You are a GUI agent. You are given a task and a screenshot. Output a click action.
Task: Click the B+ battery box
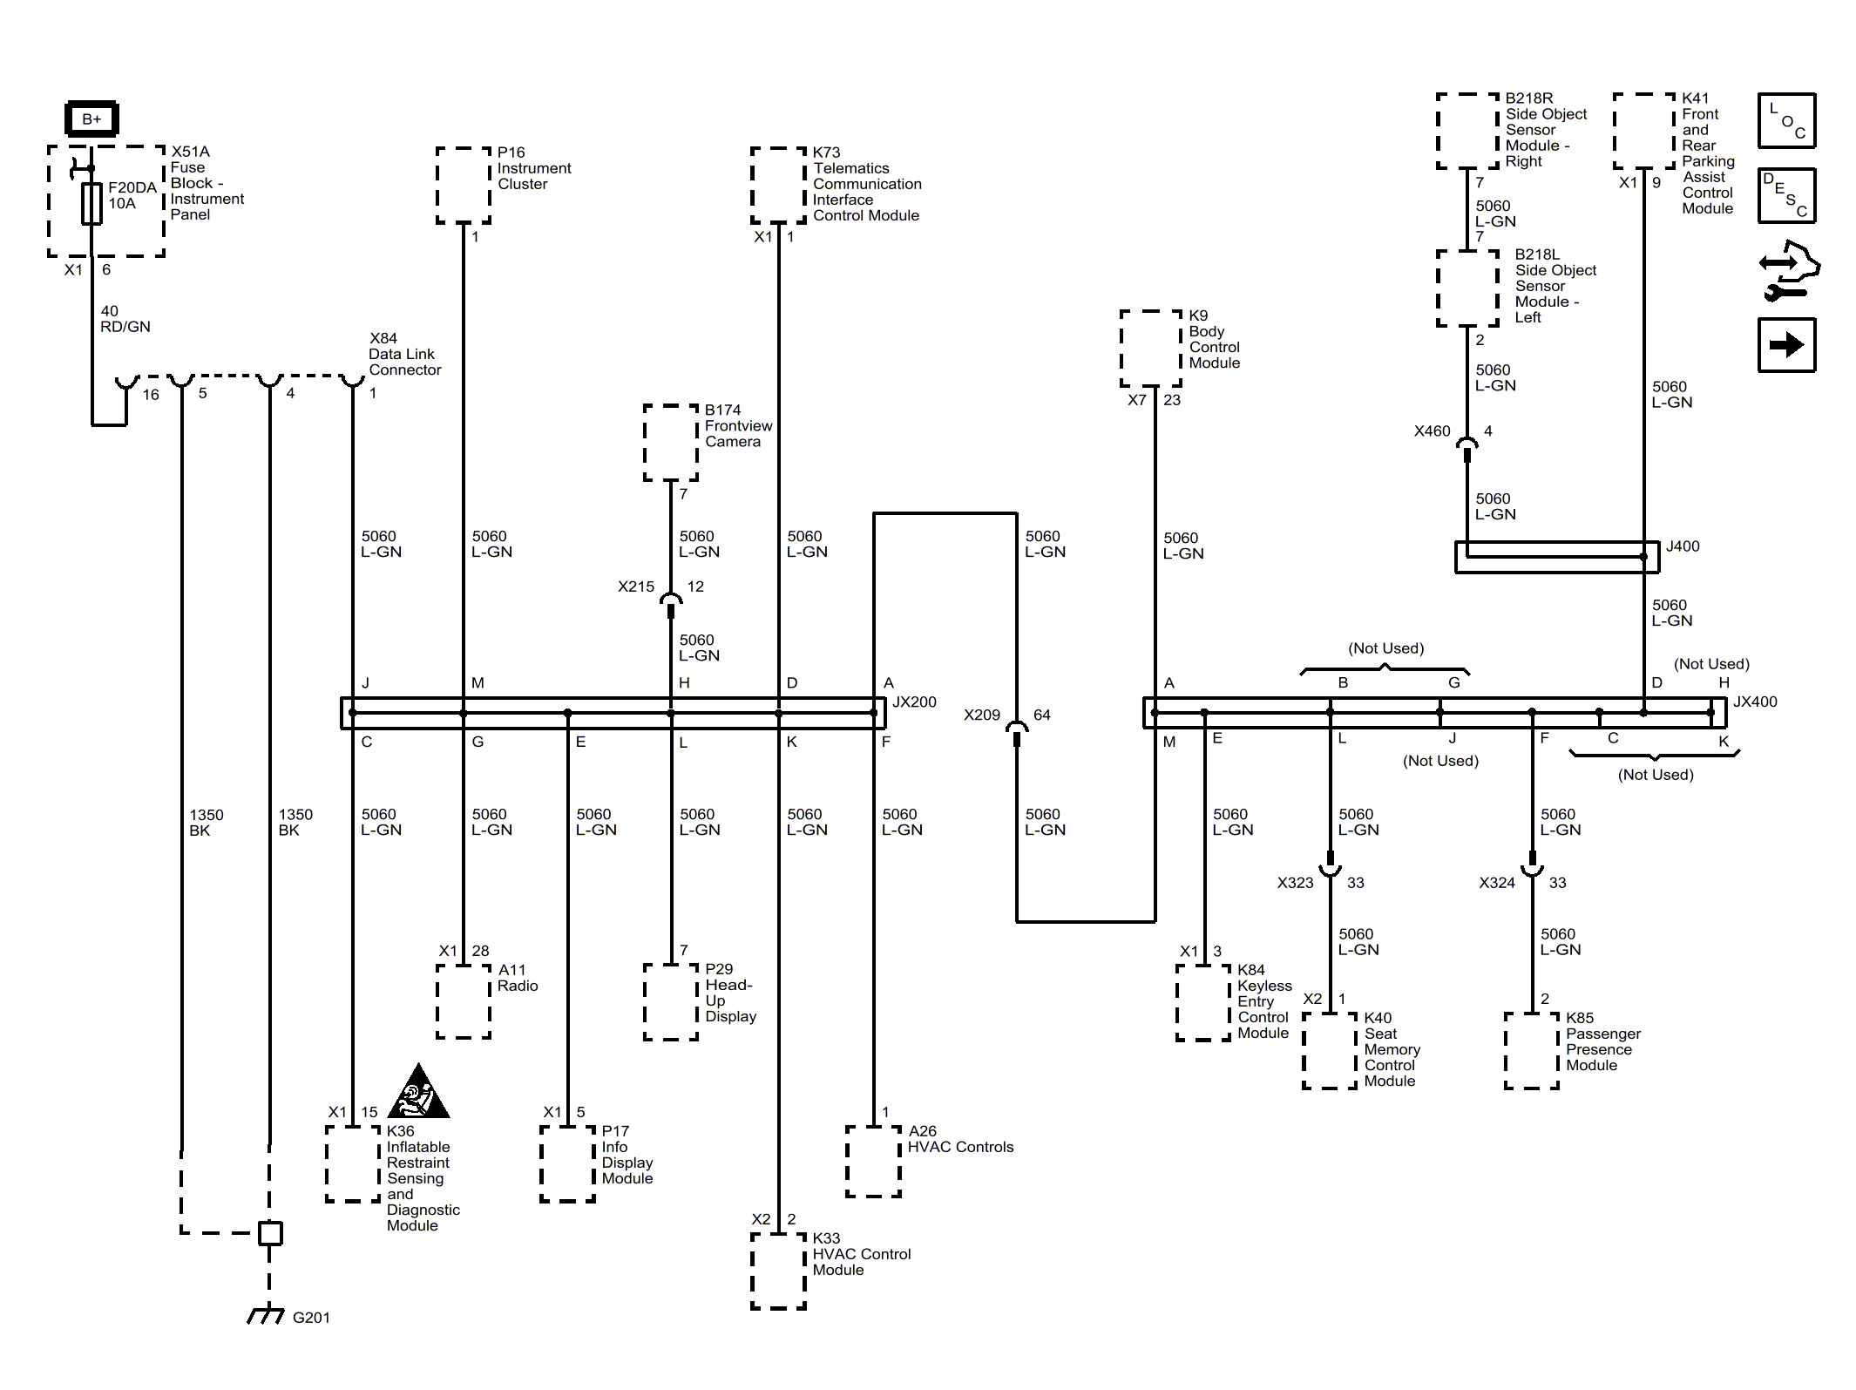tap(91, 119)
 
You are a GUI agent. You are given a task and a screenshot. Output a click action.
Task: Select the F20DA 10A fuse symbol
tap(91, 204)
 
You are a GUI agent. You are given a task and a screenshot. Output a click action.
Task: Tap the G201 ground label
tap(311, 1318)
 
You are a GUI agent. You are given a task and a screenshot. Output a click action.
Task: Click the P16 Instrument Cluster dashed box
tap(464, 186)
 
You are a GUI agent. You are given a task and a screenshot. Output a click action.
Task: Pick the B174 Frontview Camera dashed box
tap(671, 443)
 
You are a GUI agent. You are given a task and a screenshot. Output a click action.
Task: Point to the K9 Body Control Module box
tap(1151, 349)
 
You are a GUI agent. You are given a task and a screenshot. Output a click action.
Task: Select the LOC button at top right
tap(1786, 120)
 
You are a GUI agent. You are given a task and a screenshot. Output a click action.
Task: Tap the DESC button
tap(1786, 195)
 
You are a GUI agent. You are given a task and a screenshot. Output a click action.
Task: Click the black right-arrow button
tap(1786, 345)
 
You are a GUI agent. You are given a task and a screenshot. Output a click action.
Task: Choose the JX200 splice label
tap(914, 702)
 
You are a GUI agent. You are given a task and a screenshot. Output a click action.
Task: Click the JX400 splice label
tap(1755, 702)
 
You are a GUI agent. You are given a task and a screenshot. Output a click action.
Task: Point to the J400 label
tap(1683, 546)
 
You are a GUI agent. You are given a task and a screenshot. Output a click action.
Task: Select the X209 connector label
tap(982, 715)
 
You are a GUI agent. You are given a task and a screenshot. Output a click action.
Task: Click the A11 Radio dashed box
tap(464, 1000)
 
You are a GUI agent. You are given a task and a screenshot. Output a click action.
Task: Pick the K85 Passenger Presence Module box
tap(1532, 1050)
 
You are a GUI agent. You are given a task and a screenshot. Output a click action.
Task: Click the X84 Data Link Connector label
tap(404, 354)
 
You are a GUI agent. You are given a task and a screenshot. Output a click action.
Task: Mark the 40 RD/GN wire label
tap(125, 319)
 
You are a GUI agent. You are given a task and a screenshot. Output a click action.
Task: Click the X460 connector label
tap(1433, 431)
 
